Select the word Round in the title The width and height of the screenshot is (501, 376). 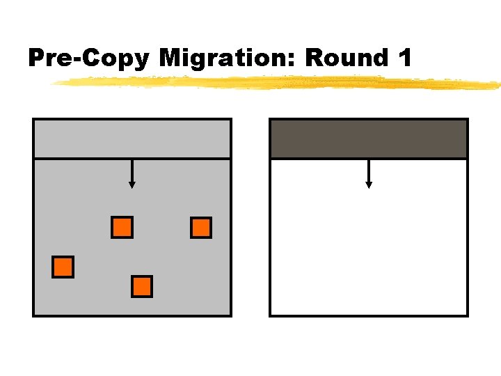click(x=345, y=58)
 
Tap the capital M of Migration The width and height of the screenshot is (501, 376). click(x=171, y=58)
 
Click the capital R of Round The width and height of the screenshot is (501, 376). click(x=315, y=58)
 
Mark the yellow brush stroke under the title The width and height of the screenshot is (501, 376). click(x=278, y=83)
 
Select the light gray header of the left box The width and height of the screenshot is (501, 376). click(x=132, y=139)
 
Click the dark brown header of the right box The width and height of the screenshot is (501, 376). click(x=369, y=139)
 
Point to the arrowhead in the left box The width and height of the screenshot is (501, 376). click(x=132, y=185)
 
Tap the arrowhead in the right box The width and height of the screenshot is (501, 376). click(x=369, y=185)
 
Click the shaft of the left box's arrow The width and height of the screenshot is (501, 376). click(x=132, y=170)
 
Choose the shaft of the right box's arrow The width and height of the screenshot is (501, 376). click(x=369, y=170)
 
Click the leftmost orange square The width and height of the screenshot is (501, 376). click(x=63, y=267)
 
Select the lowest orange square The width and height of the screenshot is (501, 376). click(x=142, y=286)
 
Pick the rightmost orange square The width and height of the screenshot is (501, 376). click(x=201, y=228)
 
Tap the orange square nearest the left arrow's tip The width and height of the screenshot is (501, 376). click(x=122, y=228)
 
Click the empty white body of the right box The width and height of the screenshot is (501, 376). click(x=369, y=251)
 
